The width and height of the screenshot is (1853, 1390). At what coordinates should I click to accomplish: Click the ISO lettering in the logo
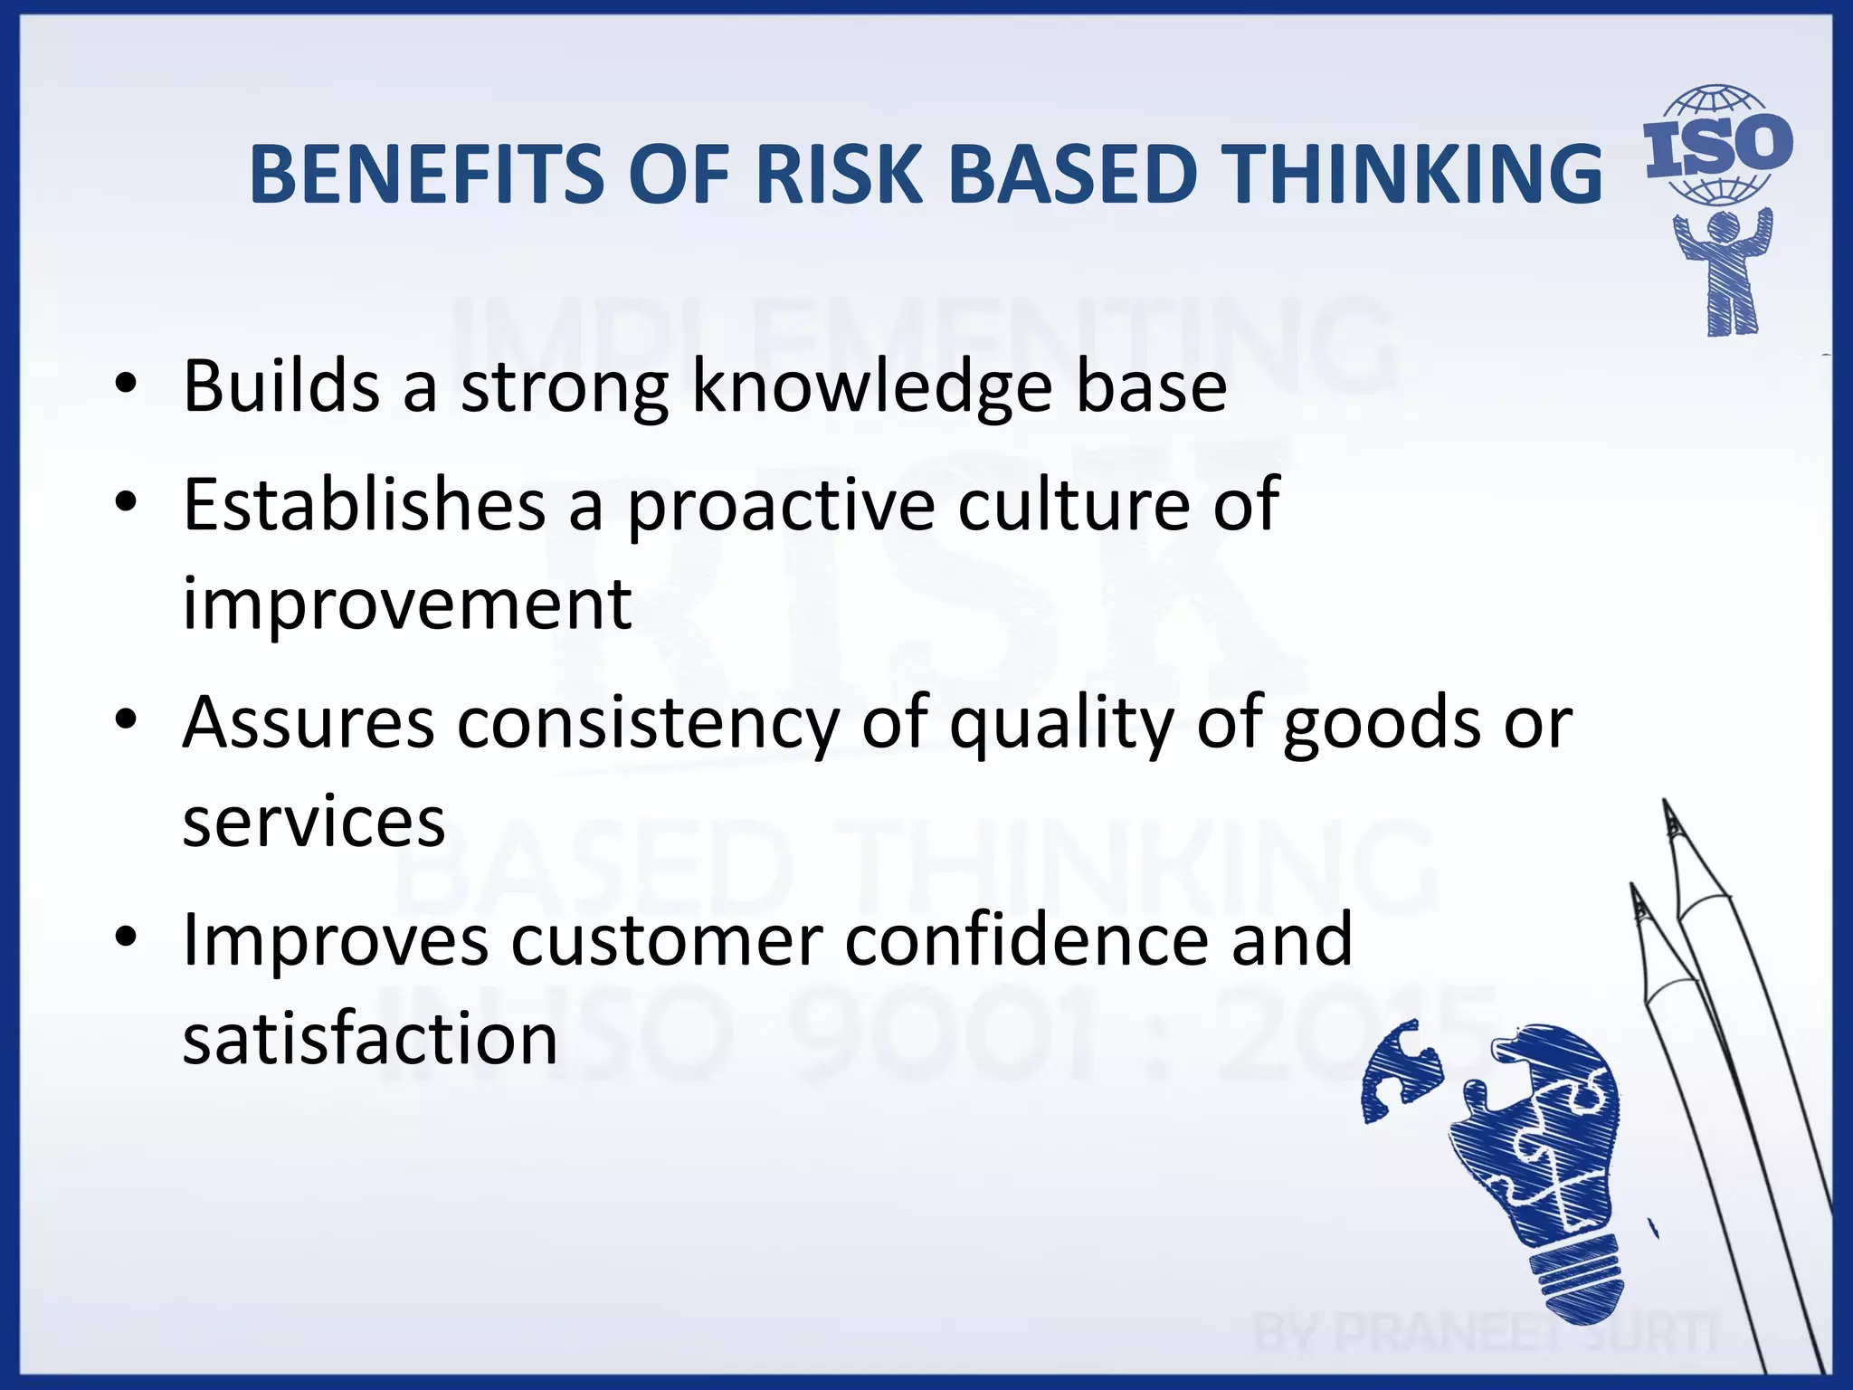pyautogui.click(x=1717, y=147)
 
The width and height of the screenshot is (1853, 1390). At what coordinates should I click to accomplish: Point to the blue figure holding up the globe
pyautogui.click(x=1724, y=271)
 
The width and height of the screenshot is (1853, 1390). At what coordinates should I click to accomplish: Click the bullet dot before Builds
pyautogui.click(x=126, y=385)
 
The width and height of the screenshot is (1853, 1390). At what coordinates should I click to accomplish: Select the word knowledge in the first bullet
pyautogui.click(x=871, y=387)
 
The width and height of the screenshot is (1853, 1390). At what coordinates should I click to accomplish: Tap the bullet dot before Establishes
pyautogui.click(x=126, y=502)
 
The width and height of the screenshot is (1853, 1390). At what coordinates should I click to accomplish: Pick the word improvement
pyautogui.click(x=406, y=604)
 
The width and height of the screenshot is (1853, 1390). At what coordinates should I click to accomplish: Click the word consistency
pyautogui.click(x=648, y=724)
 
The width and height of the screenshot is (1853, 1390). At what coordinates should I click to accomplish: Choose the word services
pyautogui.click(x=313, y=822)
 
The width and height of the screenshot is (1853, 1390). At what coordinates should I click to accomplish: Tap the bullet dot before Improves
pyautogui.click(x=126, y=938)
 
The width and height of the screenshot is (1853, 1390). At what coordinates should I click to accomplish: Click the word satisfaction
pyautogui.click(x=369, y=1039)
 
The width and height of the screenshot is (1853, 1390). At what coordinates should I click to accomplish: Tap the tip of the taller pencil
pyautogui.click(x=1666, y=805)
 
